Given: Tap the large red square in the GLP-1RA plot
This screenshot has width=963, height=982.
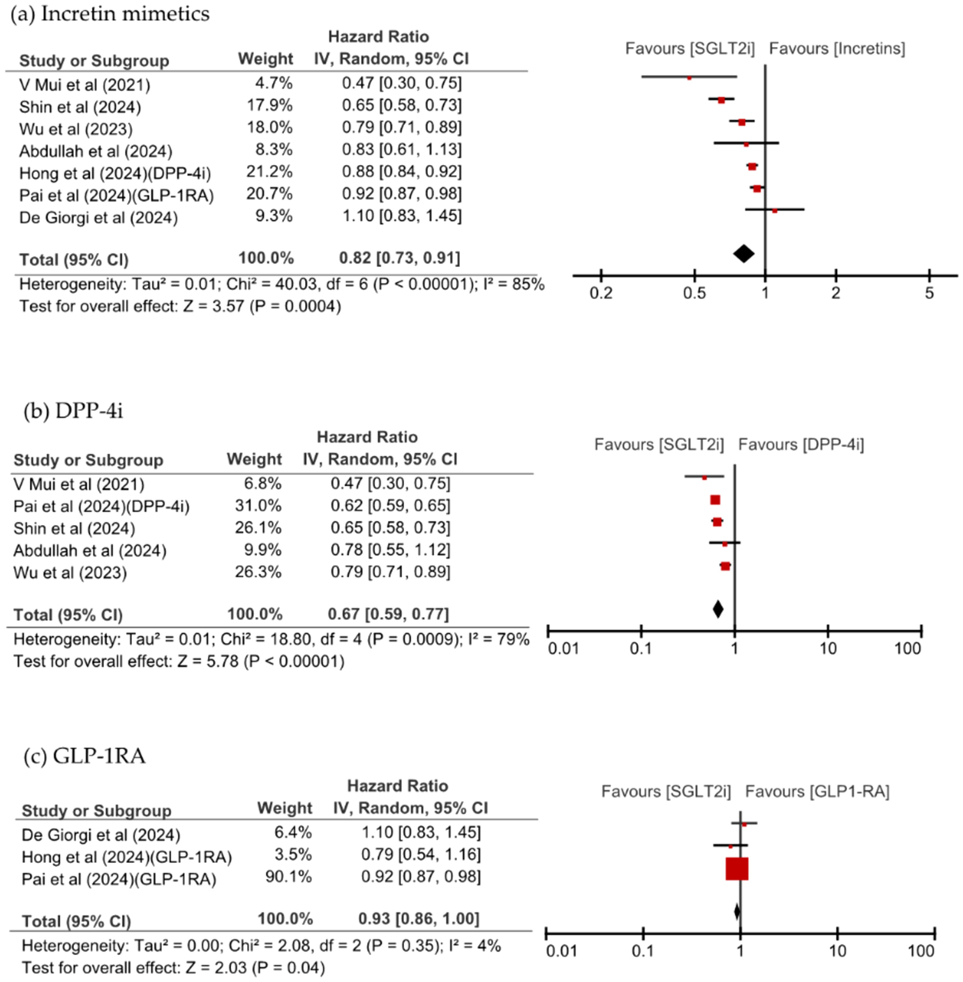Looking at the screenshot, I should coord(737,869).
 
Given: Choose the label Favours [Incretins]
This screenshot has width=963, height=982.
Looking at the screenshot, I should coord(837,48).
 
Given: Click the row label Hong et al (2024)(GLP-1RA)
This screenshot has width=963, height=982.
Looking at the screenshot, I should coord(127,857).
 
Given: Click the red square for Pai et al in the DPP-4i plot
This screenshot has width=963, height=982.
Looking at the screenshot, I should coord(715,500).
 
